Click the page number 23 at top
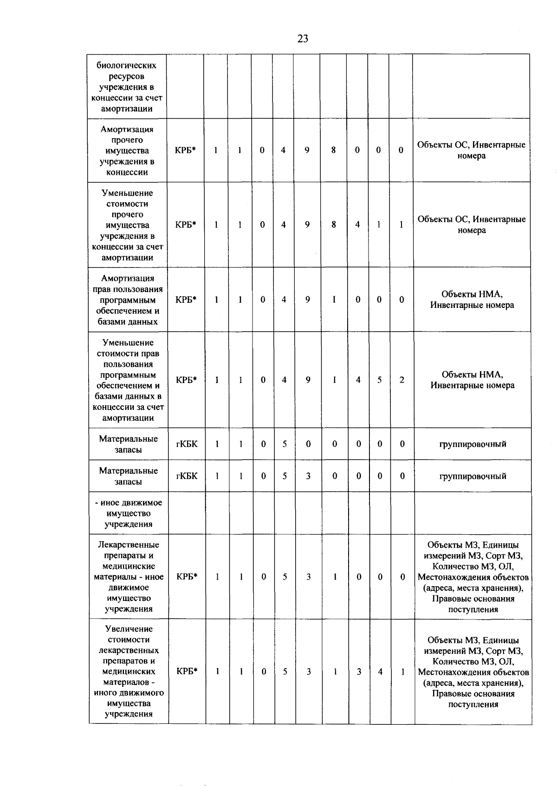point(303,39)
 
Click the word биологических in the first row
point(126,65)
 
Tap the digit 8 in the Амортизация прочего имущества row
point(333,150)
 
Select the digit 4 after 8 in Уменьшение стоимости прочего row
point(357,224)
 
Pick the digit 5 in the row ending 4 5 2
point(380,380)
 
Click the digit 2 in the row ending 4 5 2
point(402,380)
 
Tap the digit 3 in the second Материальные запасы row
point(308,476)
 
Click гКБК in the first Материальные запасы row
point(187,444)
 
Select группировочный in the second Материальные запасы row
point(473,476)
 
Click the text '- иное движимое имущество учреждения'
point(129,513)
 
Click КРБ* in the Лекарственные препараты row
point(187,577)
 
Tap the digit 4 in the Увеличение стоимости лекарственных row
point(380,671)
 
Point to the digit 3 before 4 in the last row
point(359,671)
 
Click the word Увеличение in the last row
point(129,629)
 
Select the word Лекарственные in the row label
point(129,545)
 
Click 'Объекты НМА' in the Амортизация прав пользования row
point(472,294)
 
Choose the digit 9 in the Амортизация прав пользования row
point(308,300)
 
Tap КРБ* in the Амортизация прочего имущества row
point(186,150)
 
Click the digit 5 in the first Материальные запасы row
point(285,444)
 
